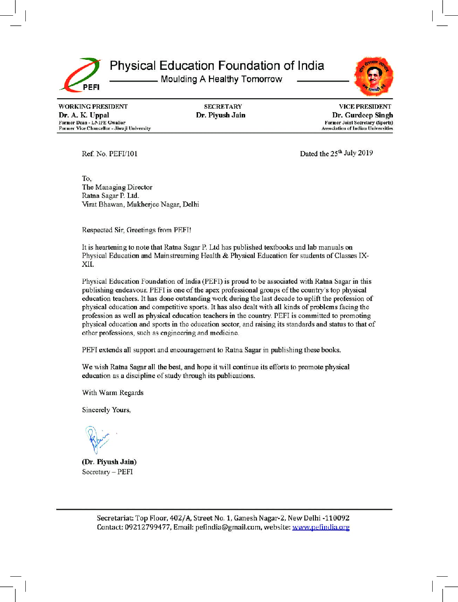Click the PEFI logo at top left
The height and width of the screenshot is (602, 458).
pos(81,75)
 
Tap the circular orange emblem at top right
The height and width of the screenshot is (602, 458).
pos(374,76)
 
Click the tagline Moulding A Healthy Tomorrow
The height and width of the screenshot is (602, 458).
pos(221,79)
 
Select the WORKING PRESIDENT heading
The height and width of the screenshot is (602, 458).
pos(93,107)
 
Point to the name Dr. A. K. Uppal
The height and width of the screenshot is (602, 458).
pos(84,115)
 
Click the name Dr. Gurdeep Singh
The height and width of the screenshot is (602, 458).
pos(362,115)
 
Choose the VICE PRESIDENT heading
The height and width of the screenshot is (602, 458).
pos(365,107)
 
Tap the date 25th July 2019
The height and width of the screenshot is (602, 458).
pos(351,153)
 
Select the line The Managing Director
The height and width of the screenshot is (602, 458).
pos(117,187)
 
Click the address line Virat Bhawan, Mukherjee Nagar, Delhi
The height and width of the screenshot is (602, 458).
pos(140,204)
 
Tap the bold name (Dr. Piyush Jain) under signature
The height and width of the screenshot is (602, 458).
pos(109,462)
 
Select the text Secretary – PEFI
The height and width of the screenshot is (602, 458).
pos(108,472)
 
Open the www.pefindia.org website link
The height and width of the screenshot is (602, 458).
pos(321,527)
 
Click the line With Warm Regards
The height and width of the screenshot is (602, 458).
pos(113,393)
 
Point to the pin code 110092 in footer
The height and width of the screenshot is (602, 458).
pos(337,518)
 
